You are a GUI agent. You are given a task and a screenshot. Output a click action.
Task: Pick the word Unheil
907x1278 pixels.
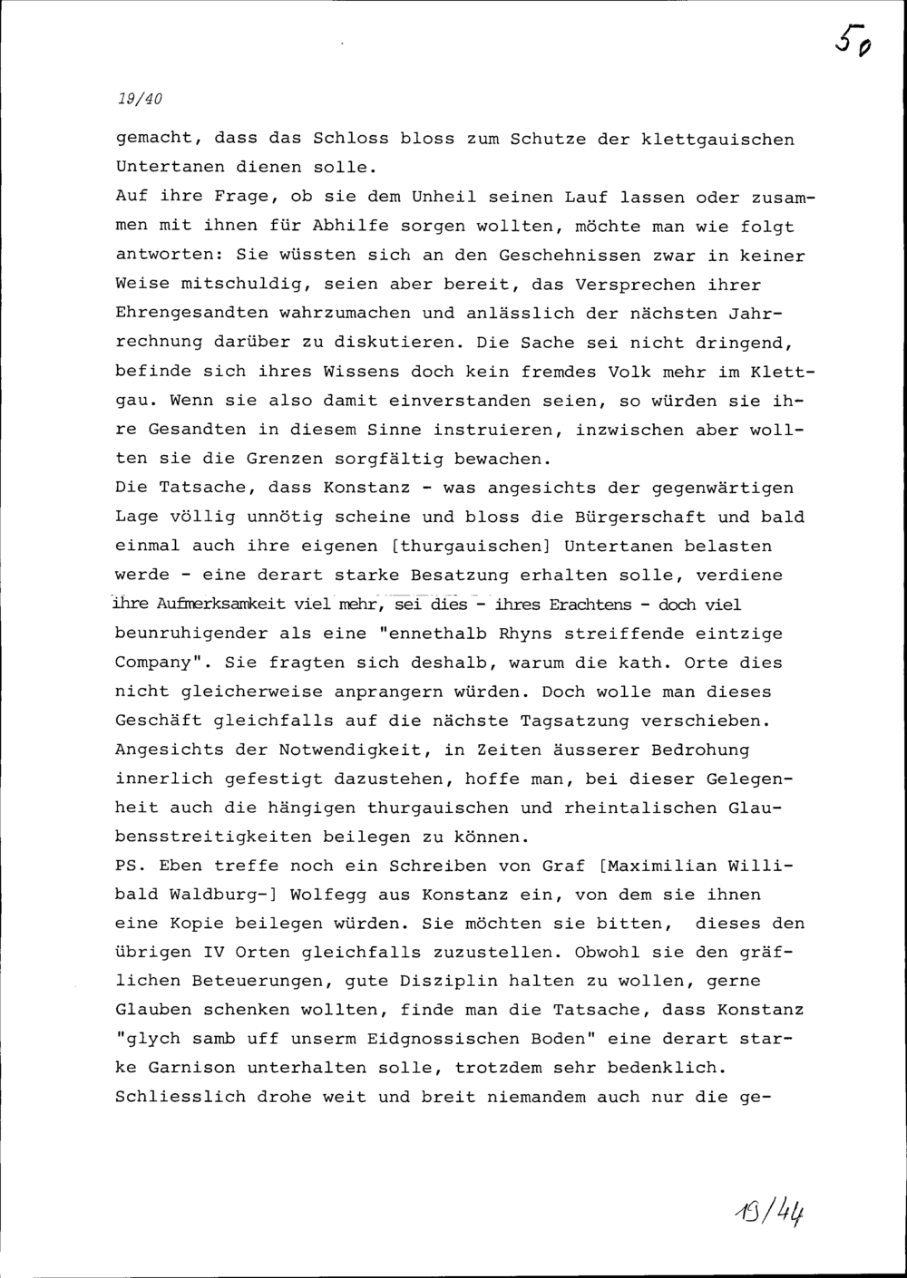tap(444, 198)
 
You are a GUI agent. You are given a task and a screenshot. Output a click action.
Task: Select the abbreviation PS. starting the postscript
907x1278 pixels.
tap(131, 866)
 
